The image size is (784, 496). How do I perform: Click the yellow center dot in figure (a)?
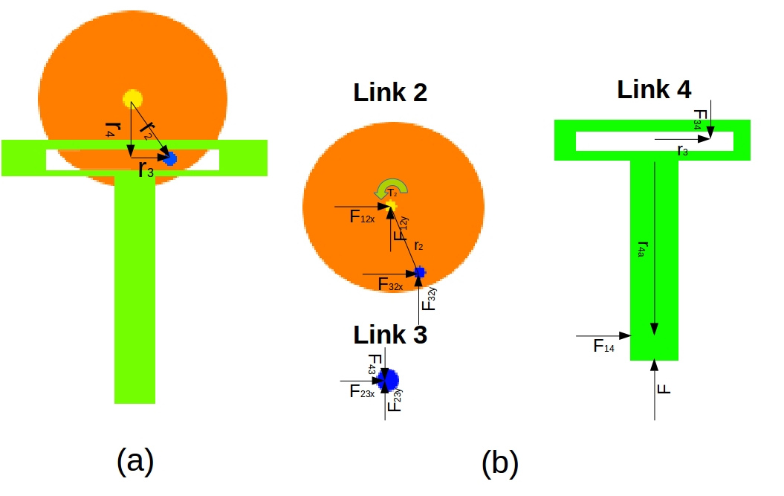click(x=132, y=98)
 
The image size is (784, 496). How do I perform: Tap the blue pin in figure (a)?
click(x=170, y=158)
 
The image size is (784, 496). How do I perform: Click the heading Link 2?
click(x=390, y=93)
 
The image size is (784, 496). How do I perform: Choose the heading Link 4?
click(x=654, y=89)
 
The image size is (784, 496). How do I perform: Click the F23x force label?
click(x=361, y=391)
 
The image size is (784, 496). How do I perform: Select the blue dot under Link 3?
click(x=389, y=380)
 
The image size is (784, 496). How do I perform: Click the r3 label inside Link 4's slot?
click(x=682, y=151)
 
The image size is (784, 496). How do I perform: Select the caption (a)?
click(x=135, y=462)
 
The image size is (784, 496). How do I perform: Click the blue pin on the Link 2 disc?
click(x=420, y=272)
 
